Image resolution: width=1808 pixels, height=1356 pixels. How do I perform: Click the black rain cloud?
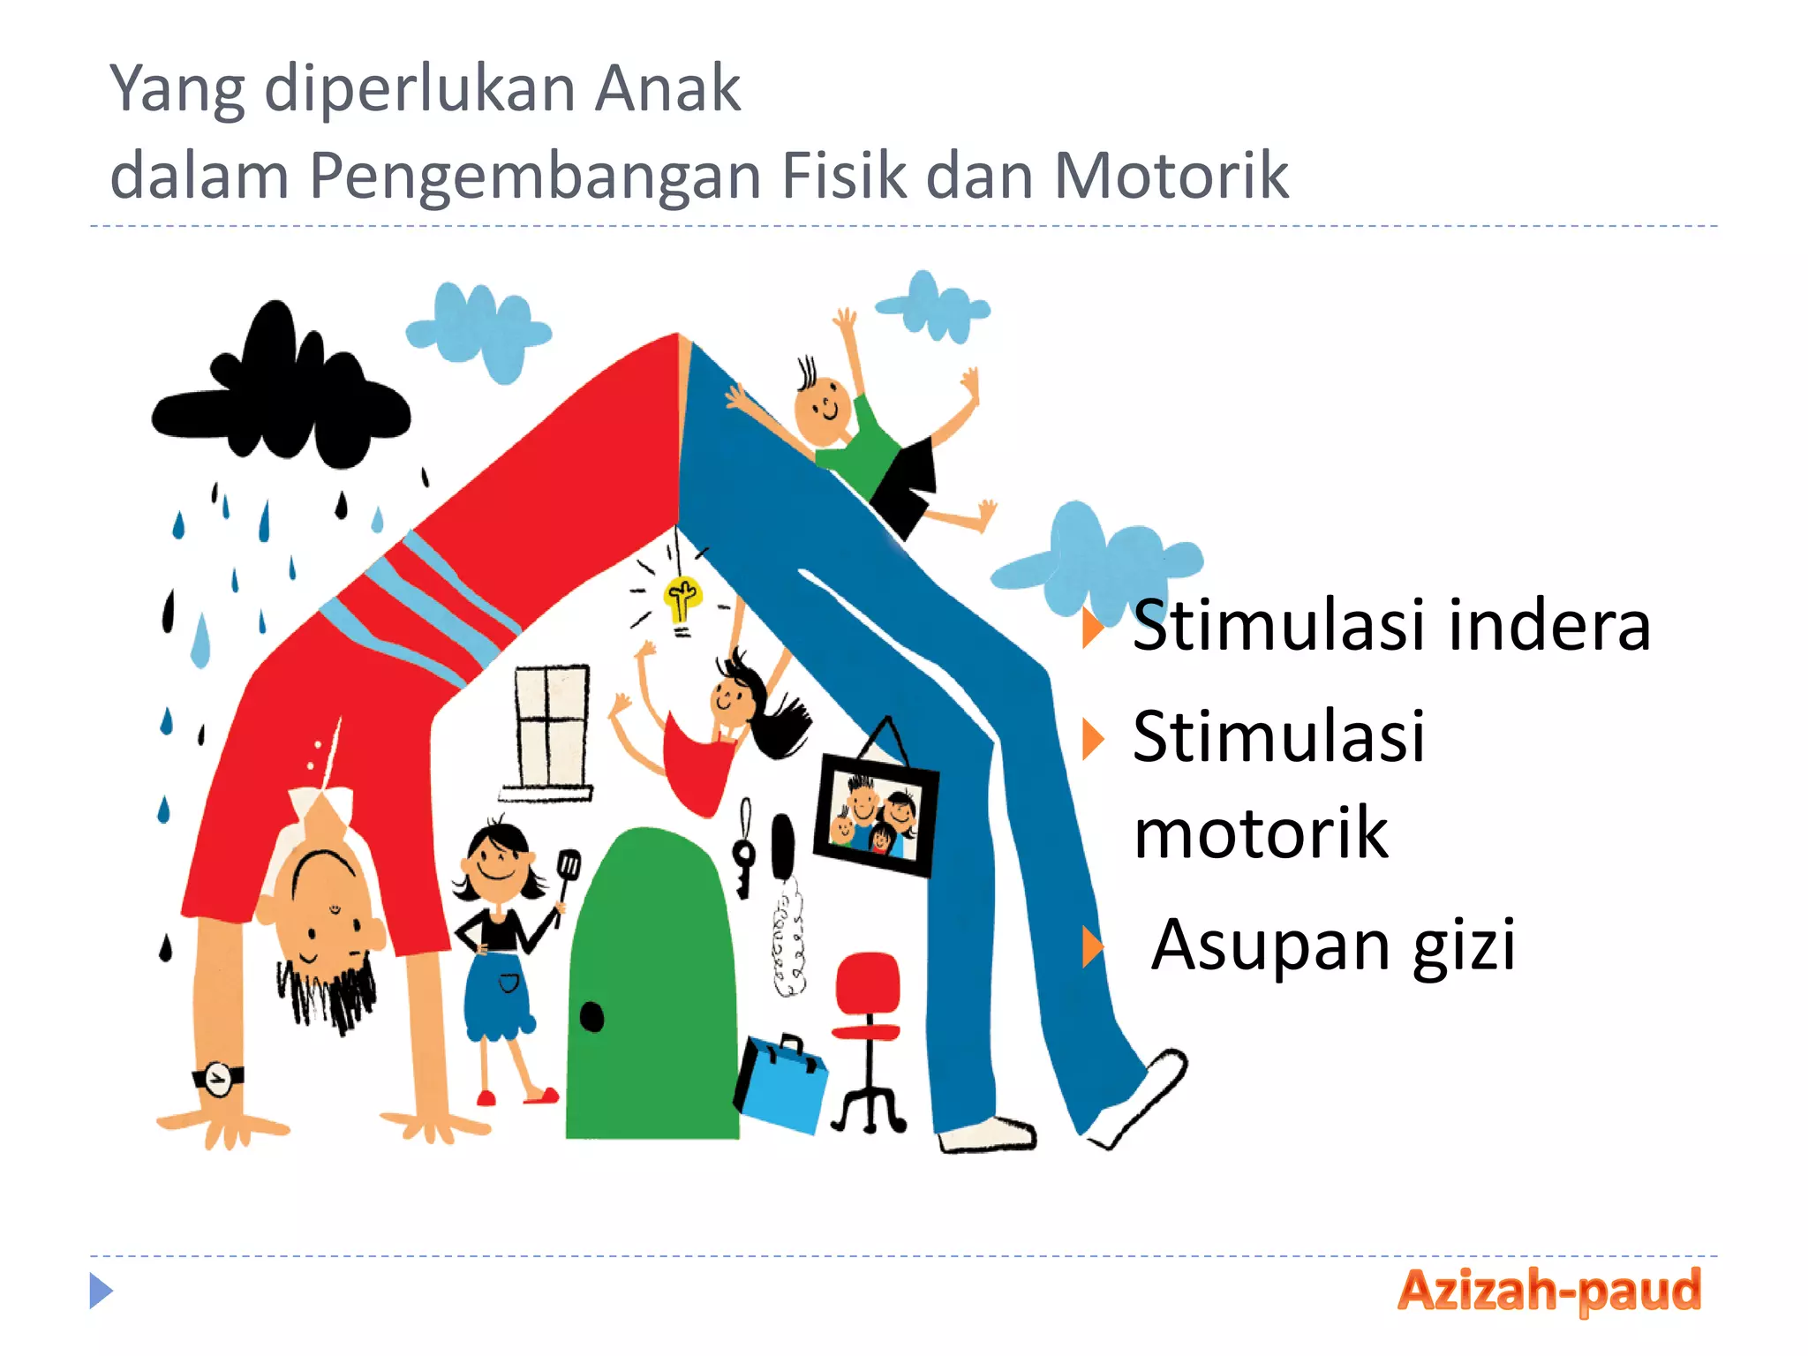pos(281,397)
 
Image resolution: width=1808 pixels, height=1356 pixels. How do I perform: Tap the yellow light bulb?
pos(682,599)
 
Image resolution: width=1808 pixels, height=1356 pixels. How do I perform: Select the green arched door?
pos(652,989)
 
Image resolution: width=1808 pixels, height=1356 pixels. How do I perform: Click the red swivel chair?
pos(868,1015)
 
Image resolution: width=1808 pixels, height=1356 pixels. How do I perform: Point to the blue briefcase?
pos(781,1084)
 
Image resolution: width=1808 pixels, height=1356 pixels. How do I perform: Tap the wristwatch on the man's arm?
pos(217,1078)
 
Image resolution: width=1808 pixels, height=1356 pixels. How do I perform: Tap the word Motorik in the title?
pos(1171,176)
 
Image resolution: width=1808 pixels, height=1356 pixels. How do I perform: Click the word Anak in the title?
pos(667,88)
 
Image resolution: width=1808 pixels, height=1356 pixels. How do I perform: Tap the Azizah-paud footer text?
pos(1549,1291)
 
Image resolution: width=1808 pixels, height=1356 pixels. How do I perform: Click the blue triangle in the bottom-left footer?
pos(101,1291)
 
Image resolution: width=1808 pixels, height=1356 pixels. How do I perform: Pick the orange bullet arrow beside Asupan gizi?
pos(1093,947)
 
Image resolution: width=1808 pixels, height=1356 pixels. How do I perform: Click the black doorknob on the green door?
pos(591,1017)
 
